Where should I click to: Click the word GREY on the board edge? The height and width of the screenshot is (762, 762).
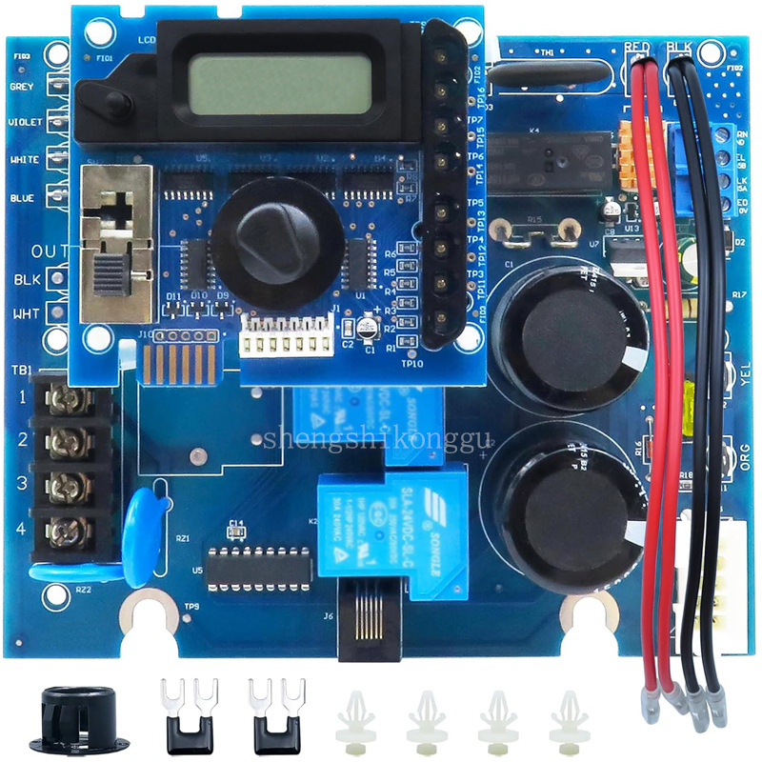pyautogui.click(x=22, y=87)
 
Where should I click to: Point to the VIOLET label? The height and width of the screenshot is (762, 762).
pyautogui.click(x=25, y=123)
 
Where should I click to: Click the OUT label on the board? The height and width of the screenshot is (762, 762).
pyautogui.click(x=50, y=251)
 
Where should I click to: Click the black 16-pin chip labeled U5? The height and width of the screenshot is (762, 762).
pyautogui.click(x=259, y=568)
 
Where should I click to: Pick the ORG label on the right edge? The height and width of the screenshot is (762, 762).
pyautogui.click(x=746, y=461)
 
